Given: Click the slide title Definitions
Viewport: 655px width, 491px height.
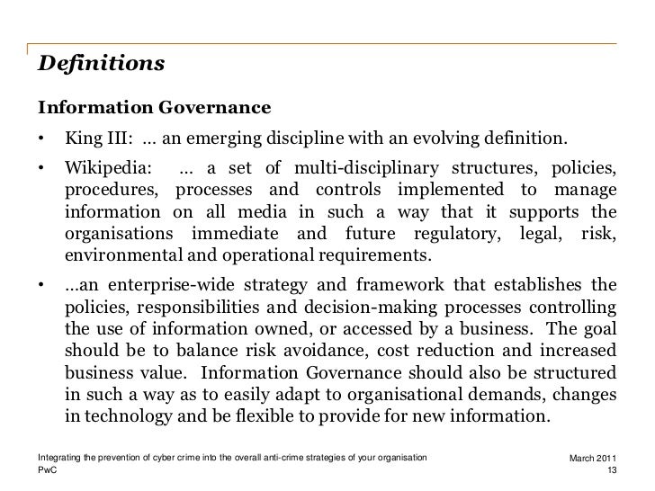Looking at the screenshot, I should [101, 65].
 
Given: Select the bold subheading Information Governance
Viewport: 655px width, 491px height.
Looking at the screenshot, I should [154, 109].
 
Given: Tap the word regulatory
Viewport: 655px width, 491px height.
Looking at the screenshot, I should [461, 234].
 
